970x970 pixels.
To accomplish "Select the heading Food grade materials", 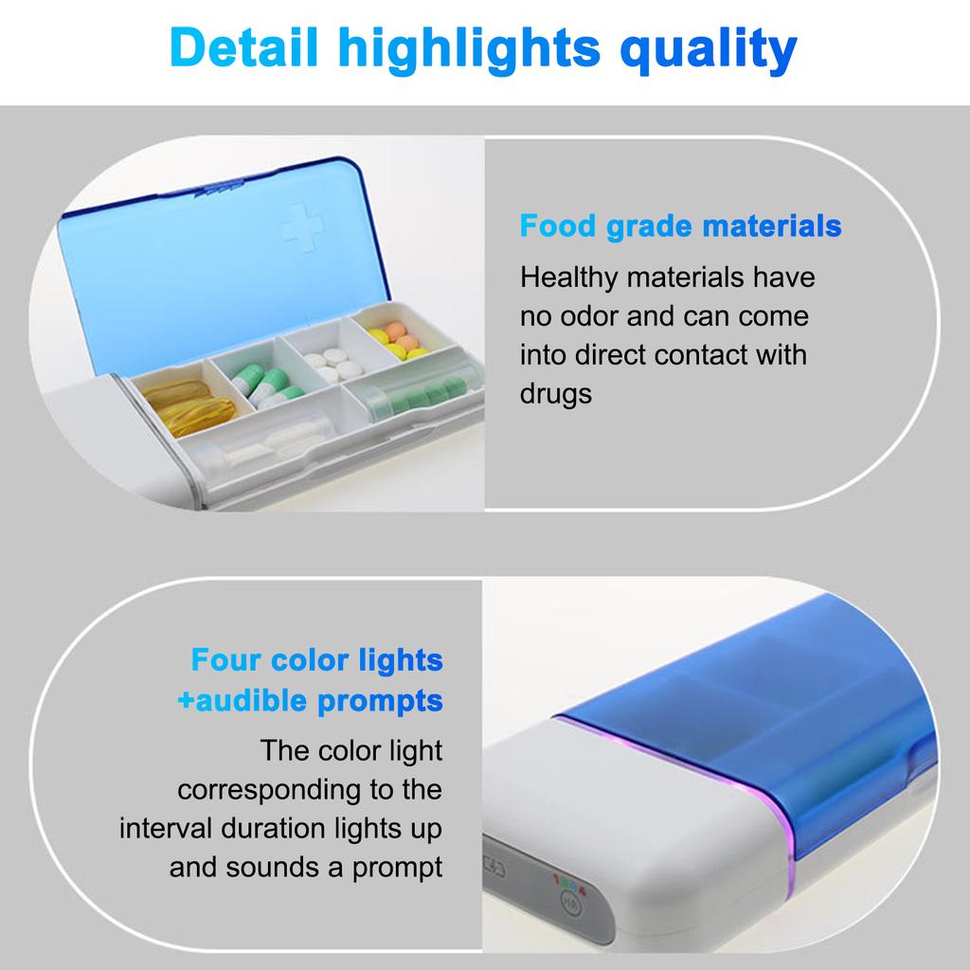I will pyautogui.click(x=680, y=226).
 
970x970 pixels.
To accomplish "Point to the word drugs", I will pyautogui.click(x=555, y=393).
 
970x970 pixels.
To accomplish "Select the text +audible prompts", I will pyautogui.click(x=310, y=701).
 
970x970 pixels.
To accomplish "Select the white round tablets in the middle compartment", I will pyautogui.click(x=329, y=363).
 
